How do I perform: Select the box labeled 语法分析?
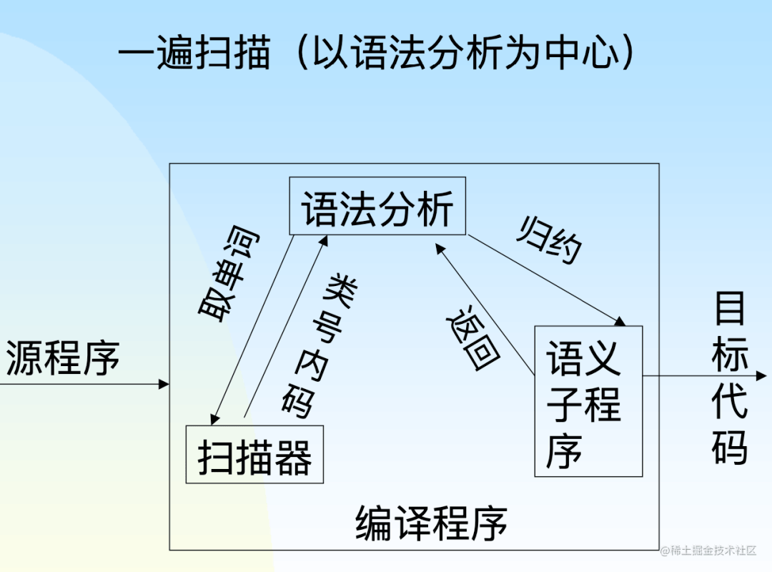(x=377, y=206)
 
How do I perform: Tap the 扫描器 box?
(x=254, y=455)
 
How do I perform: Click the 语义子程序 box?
(x=588, y=401)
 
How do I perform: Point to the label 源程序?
(x=63, y=358)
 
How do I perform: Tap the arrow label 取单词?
(x=229, y=276)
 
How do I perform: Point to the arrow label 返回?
(x=472, y=336)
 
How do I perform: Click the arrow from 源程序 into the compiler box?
(x=86, y=385)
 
